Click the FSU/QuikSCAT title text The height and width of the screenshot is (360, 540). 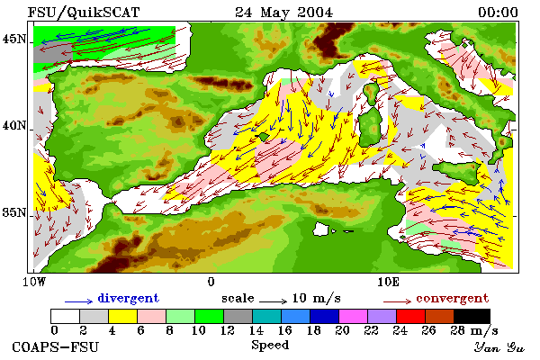84,13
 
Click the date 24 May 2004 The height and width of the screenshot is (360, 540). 283,13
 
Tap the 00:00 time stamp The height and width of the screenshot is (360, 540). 498,13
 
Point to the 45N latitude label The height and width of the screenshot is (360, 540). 14,40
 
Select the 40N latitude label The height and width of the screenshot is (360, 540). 14,125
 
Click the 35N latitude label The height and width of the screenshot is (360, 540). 14,212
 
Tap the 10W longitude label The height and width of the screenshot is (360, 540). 34,282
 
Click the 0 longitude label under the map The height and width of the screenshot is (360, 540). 211,282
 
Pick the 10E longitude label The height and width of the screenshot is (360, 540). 389,282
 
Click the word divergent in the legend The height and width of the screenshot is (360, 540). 128,298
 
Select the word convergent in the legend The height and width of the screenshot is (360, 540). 452,298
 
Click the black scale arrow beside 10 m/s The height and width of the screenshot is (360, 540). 273,301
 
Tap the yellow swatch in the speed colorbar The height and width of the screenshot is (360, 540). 123,316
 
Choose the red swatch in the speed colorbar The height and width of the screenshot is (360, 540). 410,316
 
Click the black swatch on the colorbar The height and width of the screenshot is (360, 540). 472,316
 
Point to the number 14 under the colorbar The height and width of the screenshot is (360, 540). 256,330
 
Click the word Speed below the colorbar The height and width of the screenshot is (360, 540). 270,346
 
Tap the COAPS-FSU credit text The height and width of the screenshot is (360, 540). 56,346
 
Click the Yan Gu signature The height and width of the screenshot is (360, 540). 499,347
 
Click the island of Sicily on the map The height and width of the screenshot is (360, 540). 458,171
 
